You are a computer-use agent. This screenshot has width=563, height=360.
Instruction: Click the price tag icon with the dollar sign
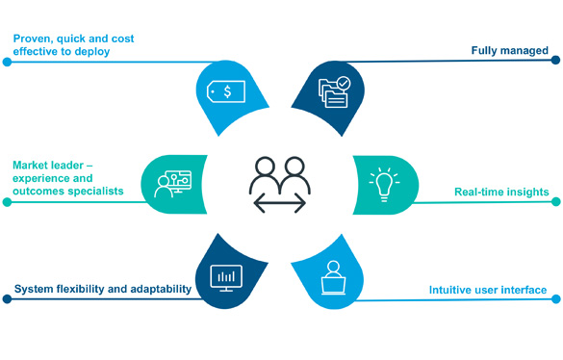226,91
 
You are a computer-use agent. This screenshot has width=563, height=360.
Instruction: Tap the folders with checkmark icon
334,92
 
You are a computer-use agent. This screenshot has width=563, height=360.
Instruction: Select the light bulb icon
384,184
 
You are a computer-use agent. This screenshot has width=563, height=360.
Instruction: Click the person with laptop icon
334,278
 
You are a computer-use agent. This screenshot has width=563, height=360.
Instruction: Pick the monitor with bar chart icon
226,278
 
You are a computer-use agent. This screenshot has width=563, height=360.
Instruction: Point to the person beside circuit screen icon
172,184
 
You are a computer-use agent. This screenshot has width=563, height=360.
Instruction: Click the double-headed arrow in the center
280,203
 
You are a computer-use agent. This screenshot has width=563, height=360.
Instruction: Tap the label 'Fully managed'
509,51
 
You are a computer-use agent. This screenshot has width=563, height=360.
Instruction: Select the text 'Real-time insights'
501,192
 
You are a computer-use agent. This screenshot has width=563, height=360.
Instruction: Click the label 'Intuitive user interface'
488,290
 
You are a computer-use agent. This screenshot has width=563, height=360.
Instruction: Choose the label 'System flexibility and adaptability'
103,289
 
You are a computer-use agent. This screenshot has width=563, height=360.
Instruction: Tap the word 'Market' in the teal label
30,166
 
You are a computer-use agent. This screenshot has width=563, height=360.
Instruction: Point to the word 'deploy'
92,52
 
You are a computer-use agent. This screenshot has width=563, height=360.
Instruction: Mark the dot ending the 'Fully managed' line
555,60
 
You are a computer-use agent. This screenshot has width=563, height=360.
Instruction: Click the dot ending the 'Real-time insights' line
556,202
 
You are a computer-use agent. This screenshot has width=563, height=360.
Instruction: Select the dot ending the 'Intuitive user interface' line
556,299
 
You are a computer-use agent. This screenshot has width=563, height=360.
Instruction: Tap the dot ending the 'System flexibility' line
7,299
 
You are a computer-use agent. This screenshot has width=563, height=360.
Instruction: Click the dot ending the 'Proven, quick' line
7,62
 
